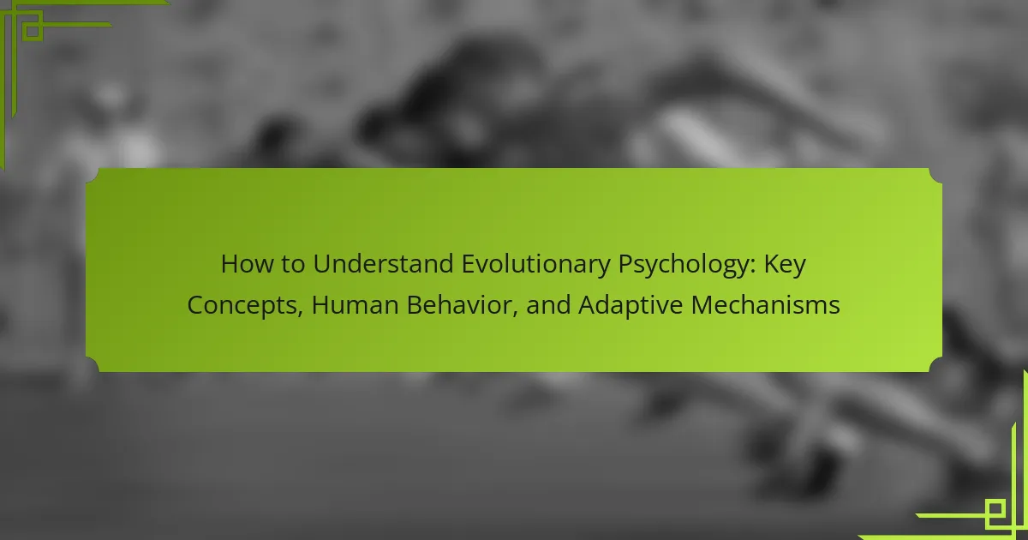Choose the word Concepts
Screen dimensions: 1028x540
point(242,306)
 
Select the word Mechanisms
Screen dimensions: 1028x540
point(766,305)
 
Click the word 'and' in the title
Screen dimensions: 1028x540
point(548,305)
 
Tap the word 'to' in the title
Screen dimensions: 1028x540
point(293,265)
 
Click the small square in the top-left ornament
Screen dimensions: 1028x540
point(33,31)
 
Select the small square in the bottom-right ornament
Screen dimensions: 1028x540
point(995,509)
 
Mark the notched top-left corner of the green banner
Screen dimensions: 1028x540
point(93,175)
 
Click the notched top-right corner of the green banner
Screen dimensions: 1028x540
point(935,175)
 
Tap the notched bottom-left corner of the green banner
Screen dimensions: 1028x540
point(93,365)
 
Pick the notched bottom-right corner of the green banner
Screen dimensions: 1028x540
point(935,365)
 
